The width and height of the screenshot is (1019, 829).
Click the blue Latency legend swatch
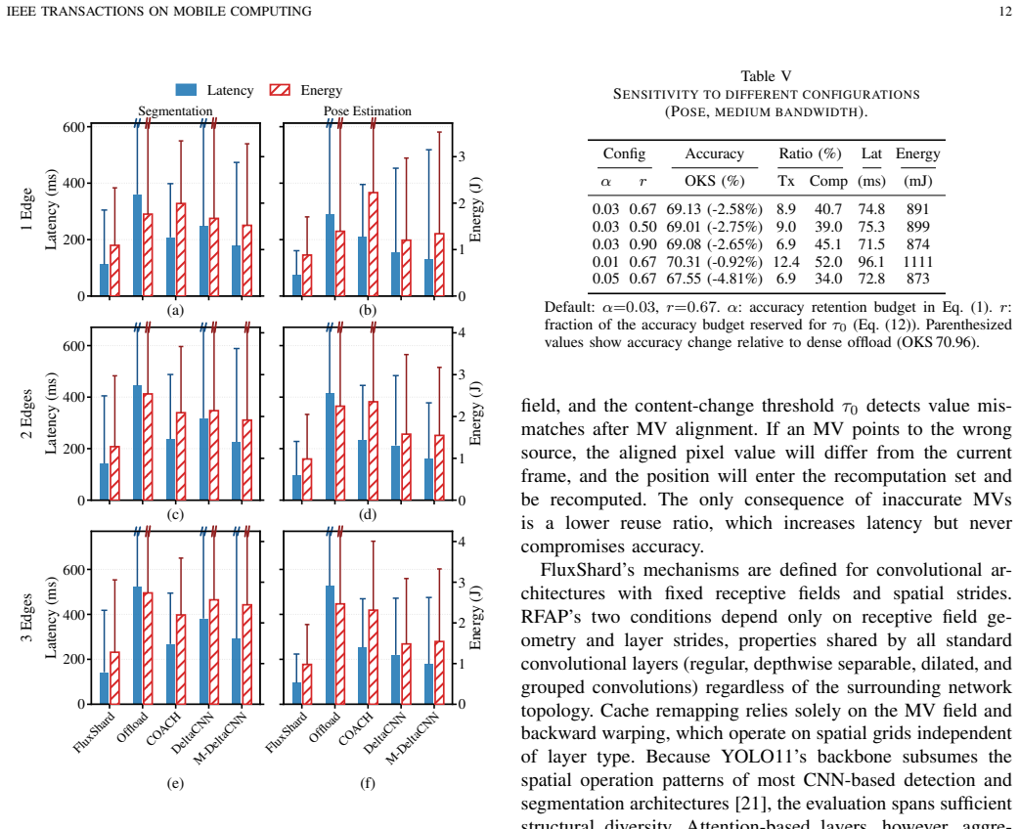pyautogui.click(x=186, y=90)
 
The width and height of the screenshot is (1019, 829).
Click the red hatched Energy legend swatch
pyautogui.click(x=280, y=90)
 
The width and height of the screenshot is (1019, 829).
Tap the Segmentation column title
pyautogui.click(x=175, y=111)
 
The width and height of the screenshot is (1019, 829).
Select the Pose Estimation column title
pyautogui.click(x=367, y=111)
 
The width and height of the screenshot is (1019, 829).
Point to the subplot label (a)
pyautogui.click(x=175, y=310)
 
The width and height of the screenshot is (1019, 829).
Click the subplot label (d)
pyautogui.click(x=367, y=514)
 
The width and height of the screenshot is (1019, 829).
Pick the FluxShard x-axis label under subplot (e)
pyautogui.click(x=94, y=732)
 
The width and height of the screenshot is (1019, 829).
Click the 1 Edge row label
pyautogui.click(x=26, y=209)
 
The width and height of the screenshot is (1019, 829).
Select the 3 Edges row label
pyautogui.click(x=26, y=617)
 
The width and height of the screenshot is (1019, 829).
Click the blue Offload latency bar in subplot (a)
pyautogui.click(x=137, y=245)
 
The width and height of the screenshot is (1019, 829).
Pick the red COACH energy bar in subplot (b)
pyautogui.click(x=373, y=244)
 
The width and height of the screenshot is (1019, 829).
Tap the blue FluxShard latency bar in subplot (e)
pyautogui.click(x=104, y=688)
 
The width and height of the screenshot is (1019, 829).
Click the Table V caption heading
pyautogui.click(x=766, y=76)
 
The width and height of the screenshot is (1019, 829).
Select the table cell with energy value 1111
pyautogui.click(x=917, y=262)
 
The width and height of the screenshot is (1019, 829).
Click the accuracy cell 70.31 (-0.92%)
pyautogui.click(x=714, y=262)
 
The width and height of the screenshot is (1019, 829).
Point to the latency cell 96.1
pyautogui.click(x=871, y=262)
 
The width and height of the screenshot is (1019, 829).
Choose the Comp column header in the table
pyautogui.click(x=828, y=181)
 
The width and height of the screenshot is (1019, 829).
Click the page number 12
pyautogui.click(x=1004, y=11)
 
